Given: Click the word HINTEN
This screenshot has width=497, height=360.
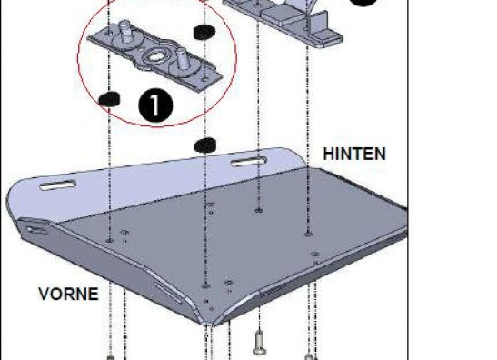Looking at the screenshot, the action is pos(354,154).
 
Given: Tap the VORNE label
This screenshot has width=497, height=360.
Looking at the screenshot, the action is pos(68,294).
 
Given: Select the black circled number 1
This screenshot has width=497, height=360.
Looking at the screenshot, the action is pos(155,105).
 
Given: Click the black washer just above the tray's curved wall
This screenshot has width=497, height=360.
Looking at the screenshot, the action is pos(205,145).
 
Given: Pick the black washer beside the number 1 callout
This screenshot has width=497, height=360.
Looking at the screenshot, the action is pos(109,100).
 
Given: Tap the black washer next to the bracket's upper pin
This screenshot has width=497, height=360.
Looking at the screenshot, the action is pos(204,32).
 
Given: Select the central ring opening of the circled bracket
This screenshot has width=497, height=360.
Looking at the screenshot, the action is pos(155,56).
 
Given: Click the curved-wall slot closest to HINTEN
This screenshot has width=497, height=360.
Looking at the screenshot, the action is pos(249,162).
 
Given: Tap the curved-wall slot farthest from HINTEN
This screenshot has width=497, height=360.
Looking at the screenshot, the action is pos(58,185).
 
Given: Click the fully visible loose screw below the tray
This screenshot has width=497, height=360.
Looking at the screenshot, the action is pos(260,342).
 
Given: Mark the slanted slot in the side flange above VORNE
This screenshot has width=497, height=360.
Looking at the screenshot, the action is pos(168,292).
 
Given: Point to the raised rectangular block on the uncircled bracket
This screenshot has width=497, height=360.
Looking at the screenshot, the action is pos(281,15).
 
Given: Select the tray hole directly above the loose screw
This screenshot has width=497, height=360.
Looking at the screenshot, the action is pos(259,210).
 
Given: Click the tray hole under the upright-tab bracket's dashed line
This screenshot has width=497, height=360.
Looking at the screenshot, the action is pos(308,234).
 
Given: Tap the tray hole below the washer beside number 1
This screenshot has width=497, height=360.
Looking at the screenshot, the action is pos(109,241).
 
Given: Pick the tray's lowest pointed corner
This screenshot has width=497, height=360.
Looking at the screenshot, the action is pos(207,325).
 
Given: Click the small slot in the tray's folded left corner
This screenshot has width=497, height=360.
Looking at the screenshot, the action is pos(36,230).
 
